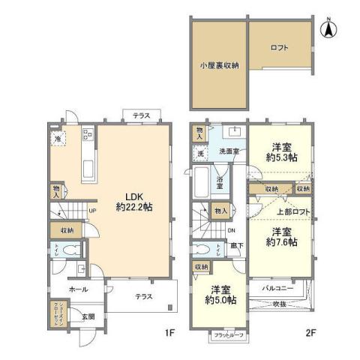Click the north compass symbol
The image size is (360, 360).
tap(328, 29)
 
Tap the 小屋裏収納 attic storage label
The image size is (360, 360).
tap(219, 65)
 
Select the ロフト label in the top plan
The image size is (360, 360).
tap(279, 47)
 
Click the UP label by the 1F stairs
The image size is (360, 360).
tap(92, 210)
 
